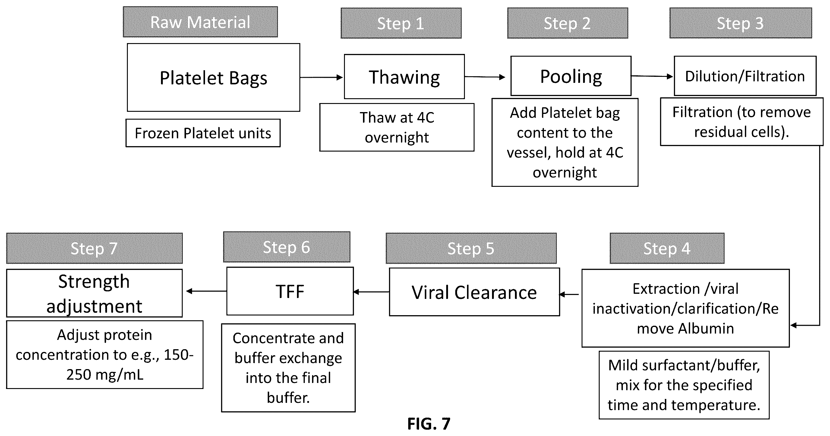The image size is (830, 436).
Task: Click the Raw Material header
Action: (x=200, y=22)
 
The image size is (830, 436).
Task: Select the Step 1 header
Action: (x=401, y=23)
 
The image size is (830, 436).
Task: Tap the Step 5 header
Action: (x=471, y=248)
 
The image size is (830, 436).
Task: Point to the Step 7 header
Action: (x=94, y=248)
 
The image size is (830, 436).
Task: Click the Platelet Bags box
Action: (x=213, y=78)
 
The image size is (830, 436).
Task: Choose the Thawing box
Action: (x=404, y=77)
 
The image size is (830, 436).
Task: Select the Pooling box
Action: (x=571, y=76)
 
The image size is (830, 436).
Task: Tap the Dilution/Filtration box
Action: (x=745, y=76)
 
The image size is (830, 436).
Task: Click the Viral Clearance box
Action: (x=474, y=292)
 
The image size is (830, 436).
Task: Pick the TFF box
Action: (x=290, y=291)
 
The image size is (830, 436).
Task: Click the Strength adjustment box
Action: (x=94, y=293)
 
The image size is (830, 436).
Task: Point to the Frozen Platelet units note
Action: (x=203, y=133)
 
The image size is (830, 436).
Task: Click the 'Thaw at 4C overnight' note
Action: (x=397, y=127)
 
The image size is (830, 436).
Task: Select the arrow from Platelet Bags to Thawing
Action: (x=322, y=77)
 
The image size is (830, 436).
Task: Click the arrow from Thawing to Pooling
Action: (x=485, y=77)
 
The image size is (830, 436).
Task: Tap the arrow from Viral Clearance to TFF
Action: (x=371, y=292)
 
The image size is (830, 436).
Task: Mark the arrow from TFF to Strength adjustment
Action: (x=207, y=291)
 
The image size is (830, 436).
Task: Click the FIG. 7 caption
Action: (x=429, y=424)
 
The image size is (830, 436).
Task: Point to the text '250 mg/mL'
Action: (x=105, y=375)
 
